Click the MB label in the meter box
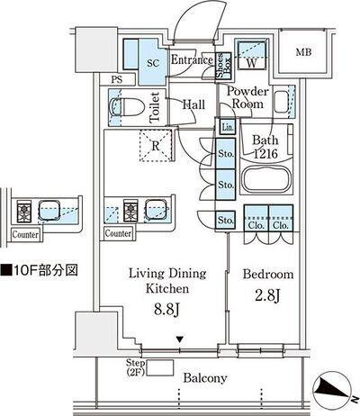coord(303,52)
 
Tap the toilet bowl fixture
coord(127,107)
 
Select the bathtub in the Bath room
coord(266,179)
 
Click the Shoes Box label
coord(223,66)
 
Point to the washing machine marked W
coord(251,54)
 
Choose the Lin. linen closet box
coord(228,127)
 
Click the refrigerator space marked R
coord(156,146)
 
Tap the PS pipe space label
coord(117,80)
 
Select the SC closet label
coord(153,63)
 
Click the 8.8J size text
coord(166,310)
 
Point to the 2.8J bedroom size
coord(267,296)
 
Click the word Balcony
coord(205,378)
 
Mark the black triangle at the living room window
coord(179,339)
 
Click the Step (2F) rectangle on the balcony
coord(159,367)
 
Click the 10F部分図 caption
coord(40,270)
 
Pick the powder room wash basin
coord(282,102)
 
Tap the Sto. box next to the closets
coord(226,221)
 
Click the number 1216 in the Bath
coord(265,154)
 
